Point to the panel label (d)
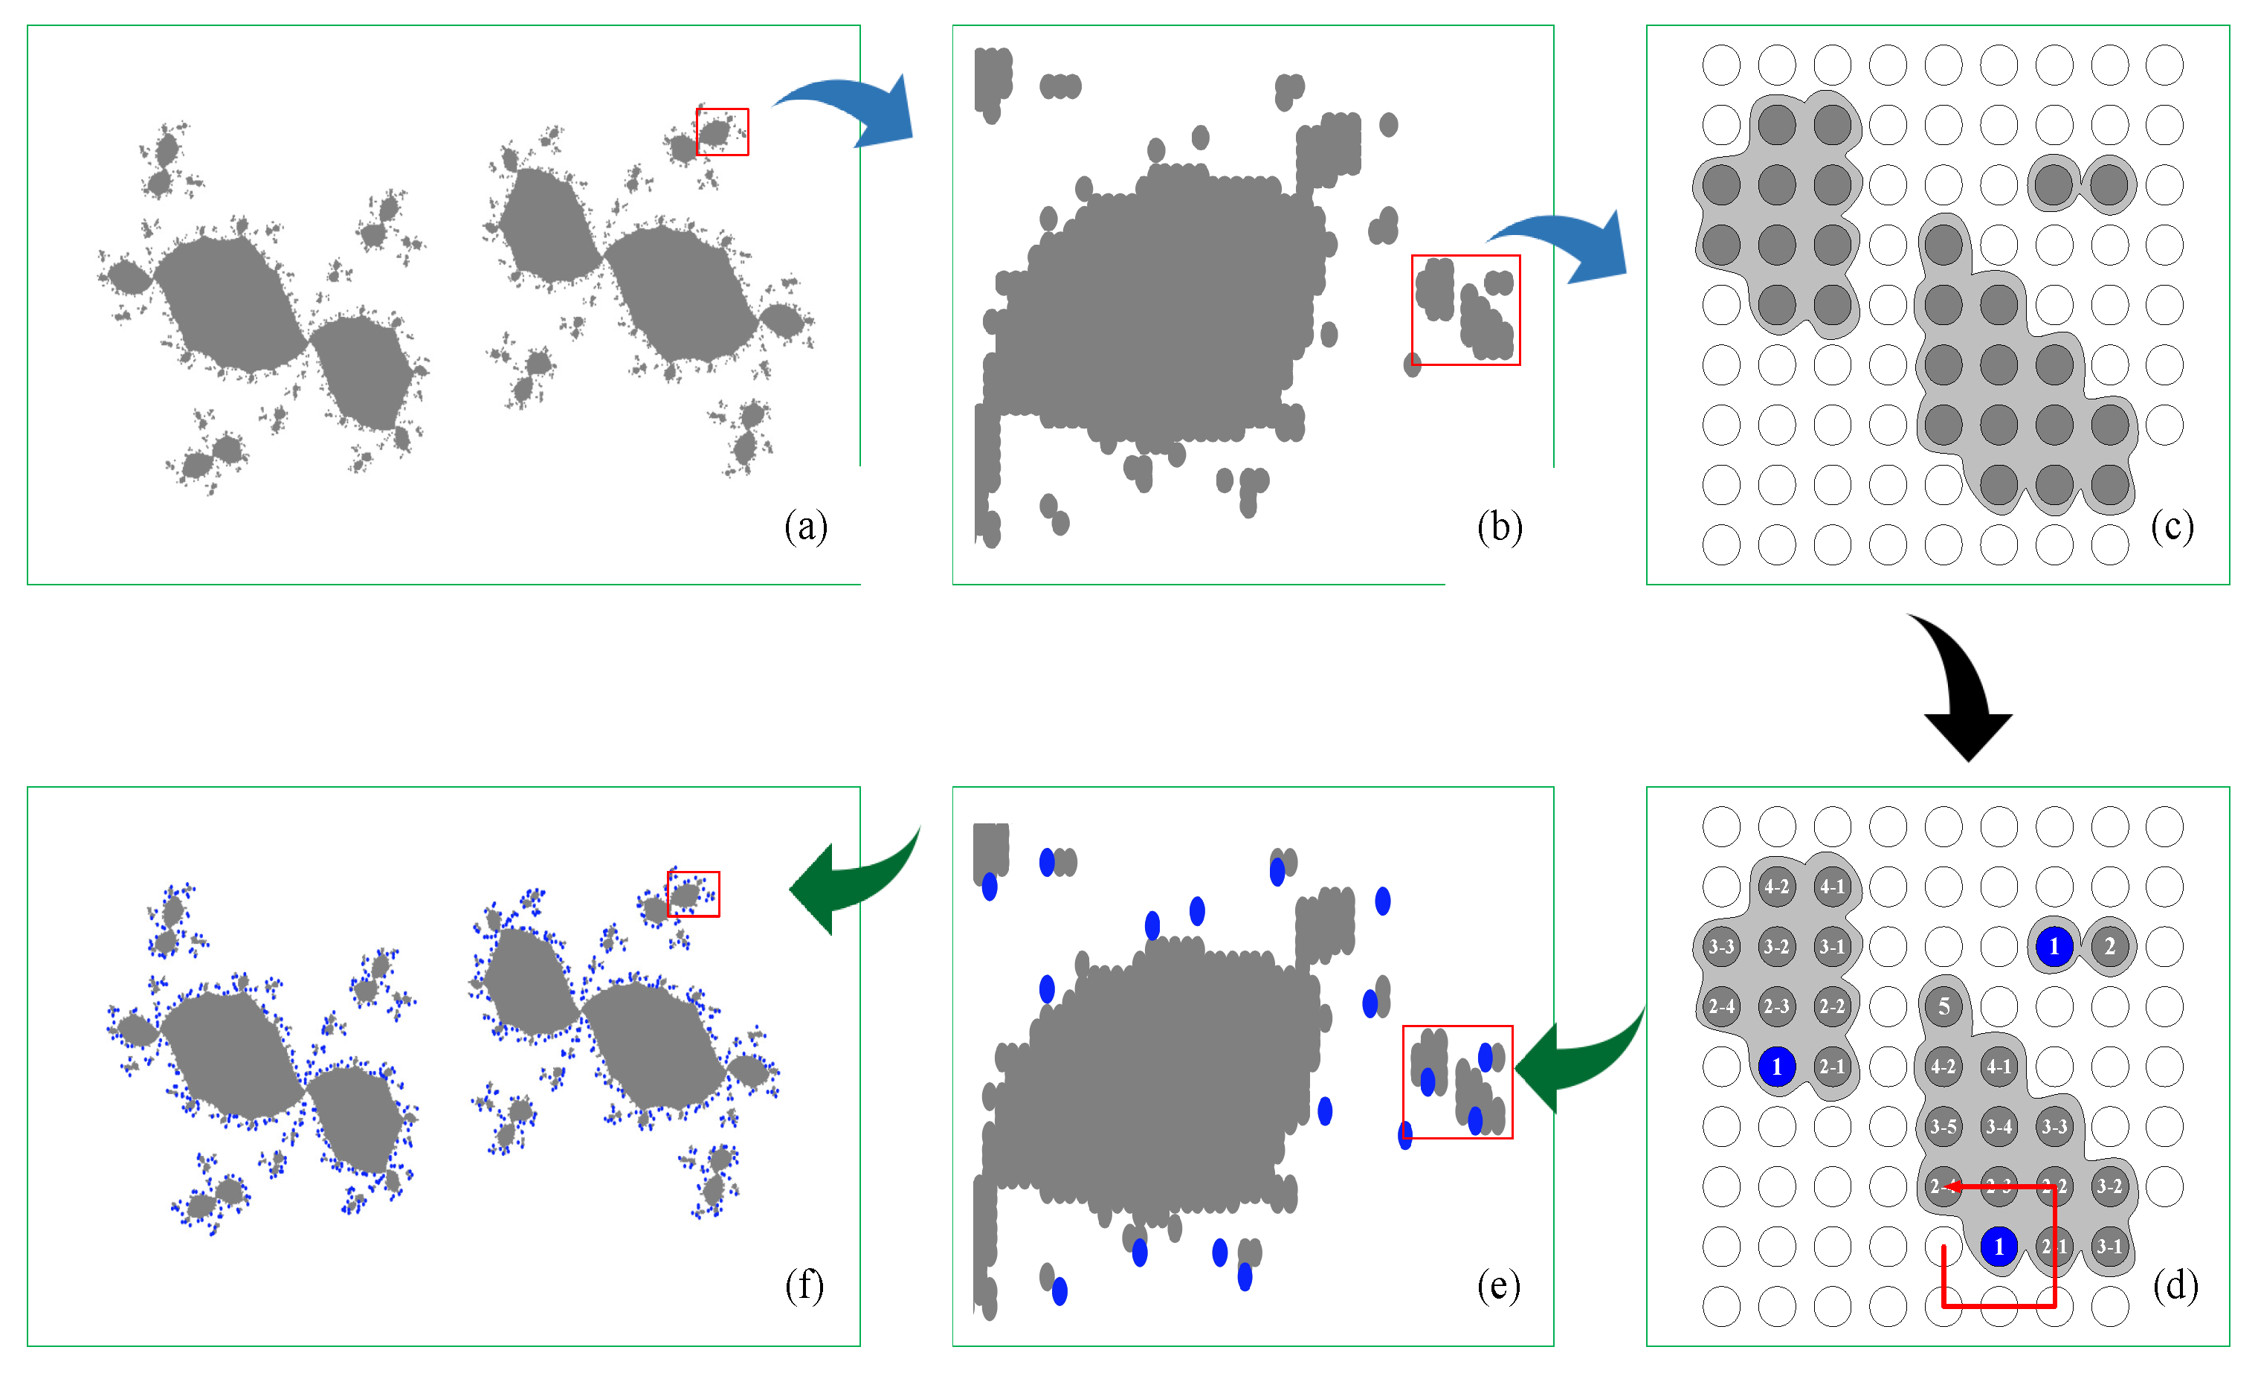coord(2175,1285)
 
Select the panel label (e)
coord(1498,1285)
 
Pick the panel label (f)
coord(804,1285)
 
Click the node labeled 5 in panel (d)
coord(1943,1006)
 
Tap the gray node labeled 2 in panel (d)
coord(2109,946)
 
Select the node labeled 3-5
coord(1943,1127)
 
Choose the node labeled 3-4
coord(1999,1127)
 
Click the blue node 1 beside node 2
coord(2054,946)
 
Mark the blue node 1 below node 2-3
coord(1776,1066)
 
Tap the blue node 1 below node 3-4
coord(1999,1246)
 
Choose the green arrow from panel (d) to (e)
coord(1576,1064)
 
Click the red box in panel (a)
coord(722,132)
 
